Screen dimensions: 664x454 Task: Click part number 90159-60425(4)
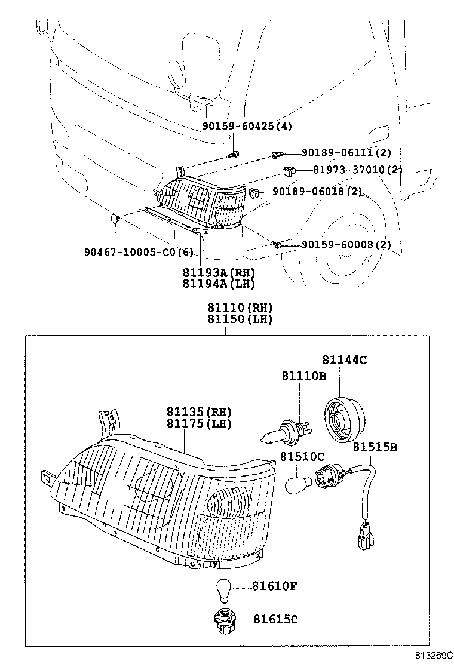(247, 127)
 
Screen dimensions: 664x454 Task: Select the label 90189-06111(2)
(346, 153)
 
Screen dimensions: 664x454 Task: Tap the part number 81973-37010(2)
(357, 170)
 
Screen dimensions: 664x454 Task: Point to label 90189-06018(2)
(317, 192)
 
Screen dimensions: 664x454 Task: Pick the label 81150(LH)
(240, 319)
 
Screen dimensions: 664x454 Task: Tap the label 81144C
(345, 360)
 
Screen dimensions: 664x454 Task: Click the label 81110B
(304, 376)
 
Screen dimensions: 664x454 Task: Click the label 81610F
(274, 586)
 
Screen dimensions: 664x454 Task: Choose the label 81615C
(275, 619)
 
